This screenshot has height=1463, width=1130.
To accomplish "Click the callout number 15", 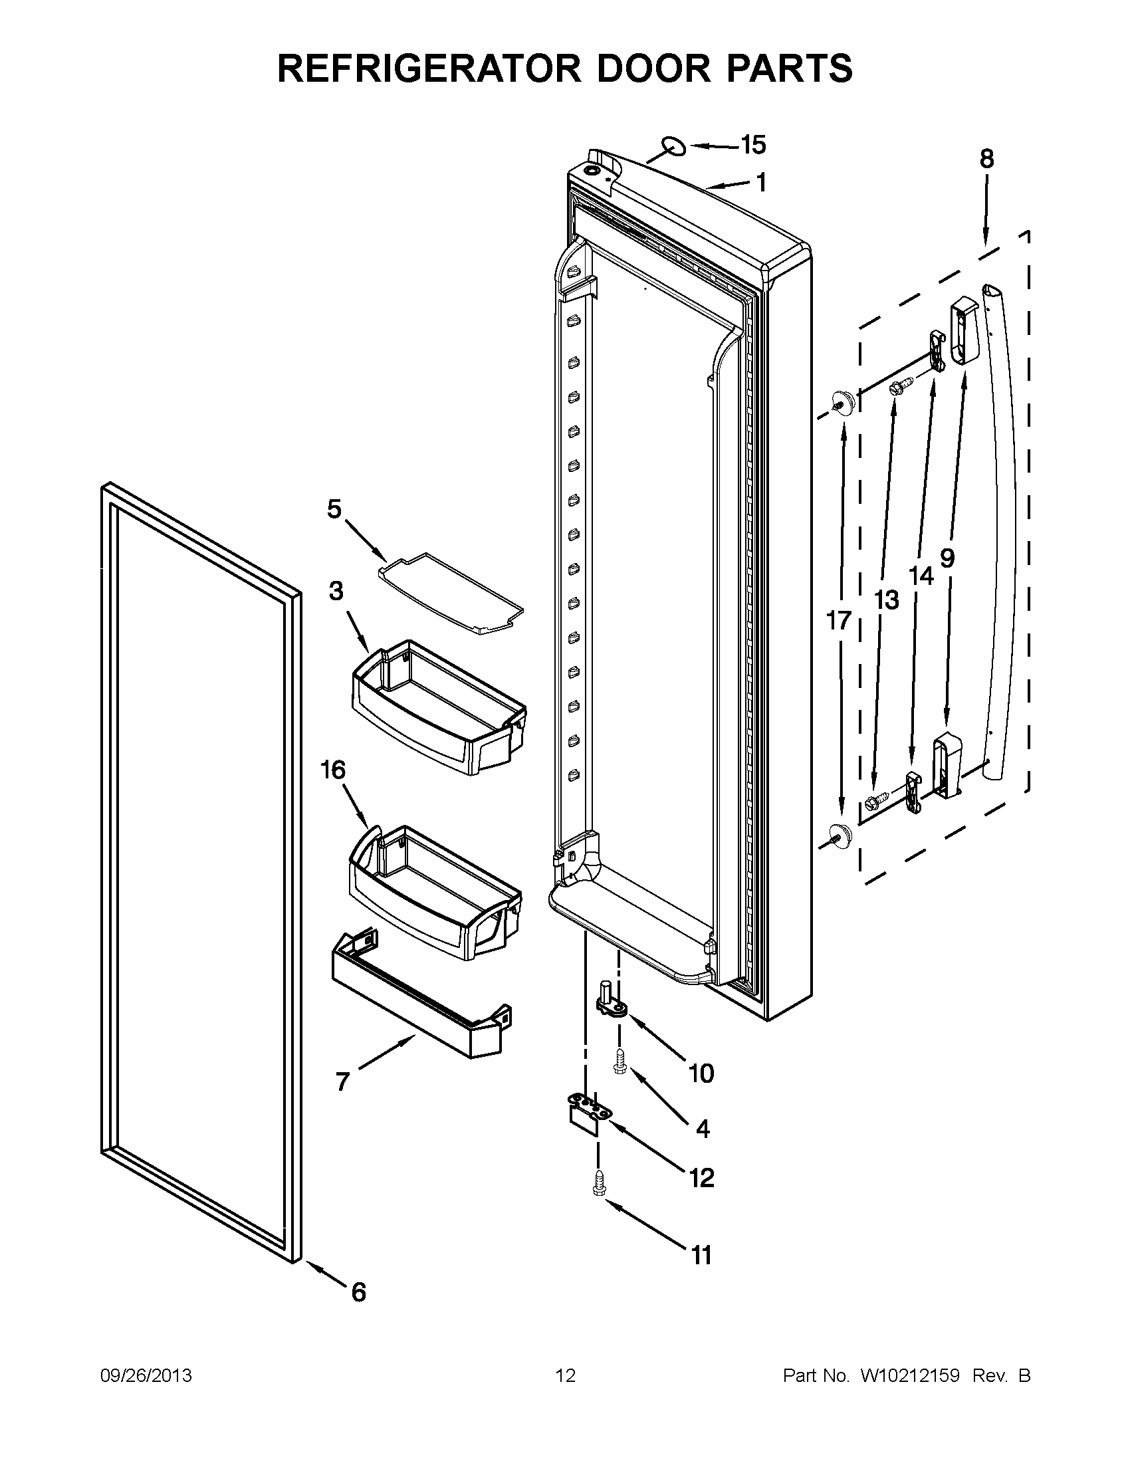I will click(x=753, y=145).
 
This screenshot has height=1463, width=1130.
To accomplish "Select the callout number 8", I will click(x=986, y=160).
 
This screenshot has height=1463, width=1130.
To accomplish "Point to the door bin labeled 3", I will click(x=439, y=707).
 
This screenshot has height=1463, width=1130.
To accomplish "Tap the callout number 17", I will click(x=838, y=620).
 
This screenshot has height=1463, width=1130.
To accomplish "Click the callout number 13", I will click(x=886, y=600).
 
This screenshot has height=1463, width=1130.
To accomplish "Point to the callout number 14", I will click(x=921, y=575).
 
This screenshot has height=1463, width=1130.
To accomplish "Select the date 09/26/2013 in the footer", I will click(x=146, y=1376).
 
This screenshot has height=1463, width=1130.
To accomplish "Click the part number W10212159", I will click(x=909, y=1376).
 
